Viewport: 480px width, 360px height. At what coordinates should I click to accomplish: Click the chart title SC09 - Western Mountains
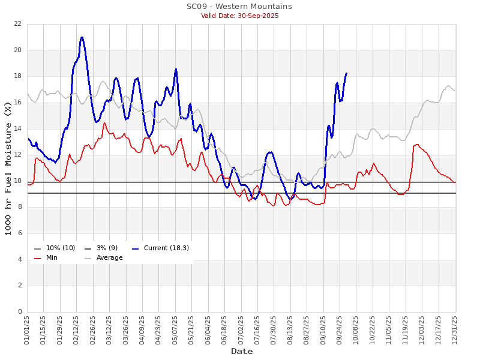[x=239, y=7]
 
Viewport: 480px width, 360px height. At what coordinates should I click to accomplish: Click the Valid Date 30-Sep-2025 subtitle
[x=239, y=16]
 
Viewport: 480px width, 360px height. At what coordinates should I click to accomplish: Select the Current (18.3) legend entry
[x=160, y=248]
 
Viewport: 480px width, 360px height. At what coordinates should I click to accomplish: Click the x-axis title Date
[x=242, y=351]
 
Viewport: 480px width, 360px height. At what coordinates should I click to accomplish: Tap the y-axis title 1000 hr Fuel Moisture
[x=8, y=168]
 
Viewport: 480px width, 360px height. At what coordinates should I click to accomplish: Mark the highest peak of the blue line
[x=82, y=37]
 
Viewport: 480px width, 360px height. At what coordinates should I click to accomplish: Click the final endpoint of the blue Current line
[x=346, y=73]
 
